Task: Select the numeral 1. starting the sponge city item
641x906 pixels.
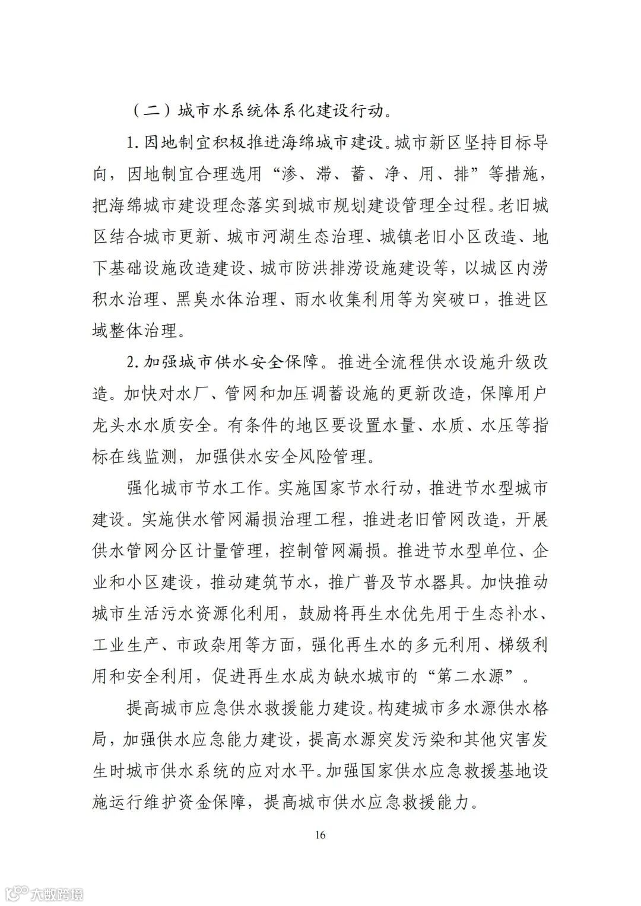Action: click(132, 142)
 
